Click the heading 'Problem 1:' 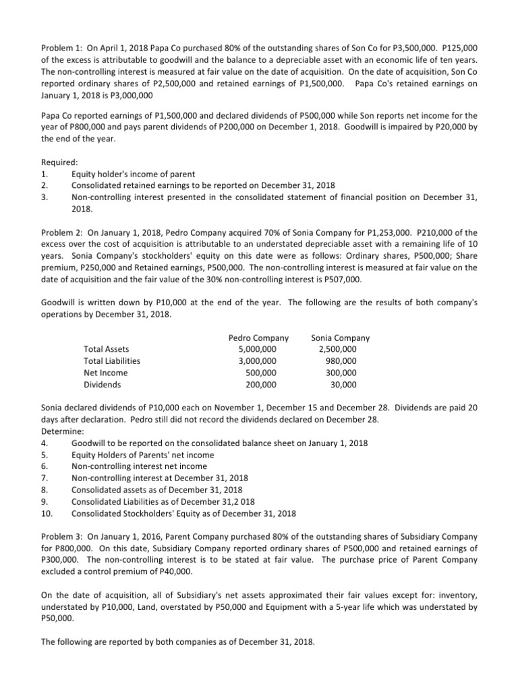61,46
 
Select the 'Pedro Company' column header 258,338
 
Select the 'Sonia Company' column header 340,338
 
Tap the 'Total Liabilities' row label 112,361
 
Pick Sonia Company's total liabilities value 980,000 341,361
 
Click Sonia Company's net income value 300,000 341,373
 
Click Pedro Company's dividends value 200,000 260,385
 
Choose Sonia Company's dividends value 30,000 344,385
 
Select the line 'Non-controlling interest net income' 139,466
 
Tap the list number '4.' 45,443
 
